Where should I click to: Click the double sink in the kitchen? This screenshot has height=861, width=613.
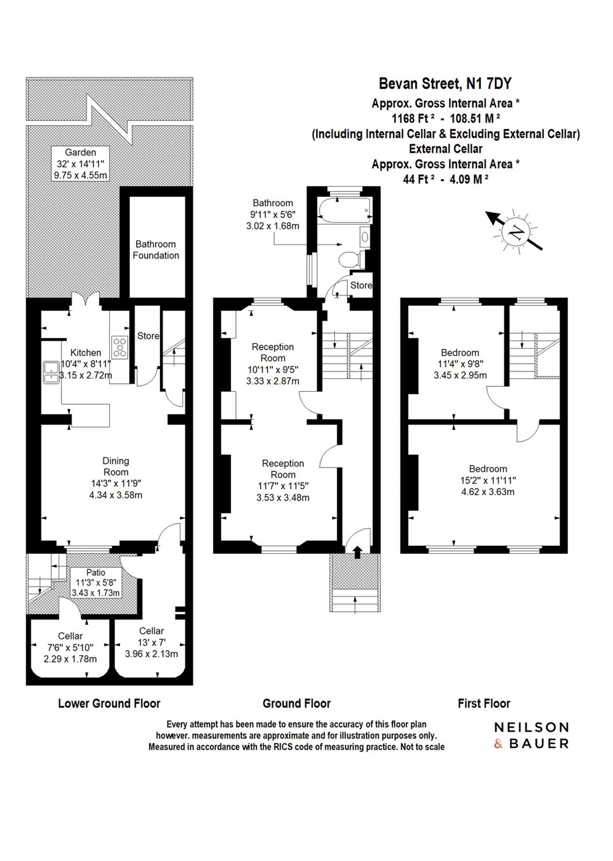click(x=51, y=373)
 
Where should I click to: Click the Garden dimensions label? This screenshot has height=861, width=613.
click(x=80, y=164)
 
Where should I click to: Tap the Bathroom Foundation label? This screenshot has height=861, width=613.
click(x=155, y=250)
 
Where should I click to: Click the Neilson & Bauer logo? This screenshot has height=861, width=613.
click(x=531, y=735)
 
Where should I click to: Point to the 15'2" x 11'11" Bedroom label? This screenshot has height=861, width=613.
click(x=488, y=480)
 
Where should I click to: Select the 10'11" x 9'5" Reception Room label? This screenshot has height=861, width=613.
click(x=273, y=364)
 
